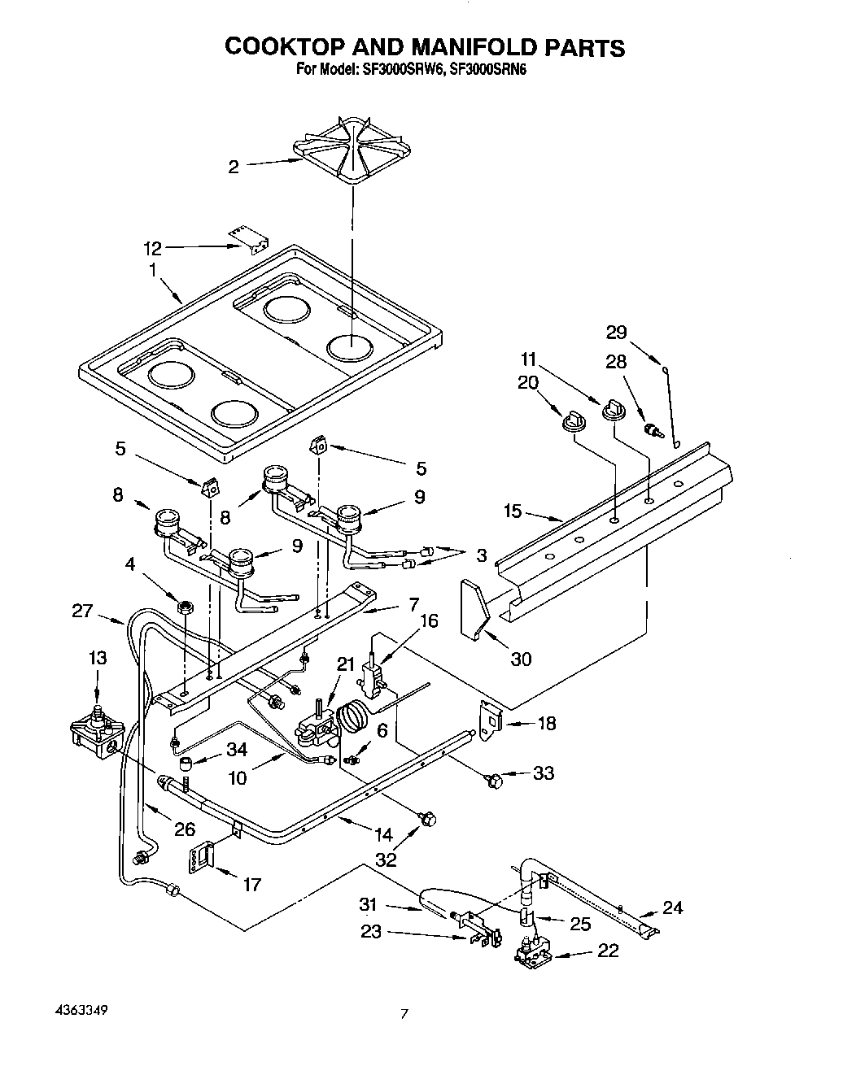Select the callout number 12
(152, 247)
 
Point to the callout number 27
(83, 611)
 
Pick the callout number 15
(513, 511)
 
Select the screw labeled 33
(492, 780)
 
